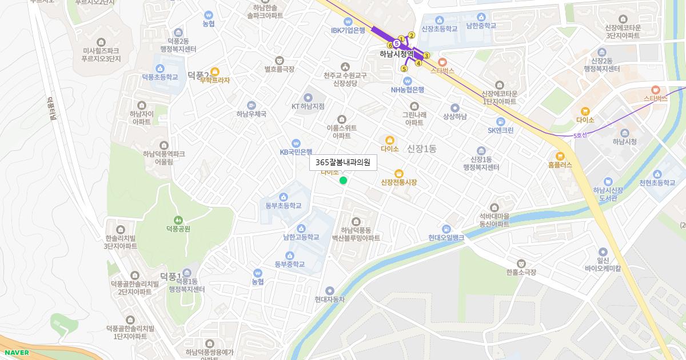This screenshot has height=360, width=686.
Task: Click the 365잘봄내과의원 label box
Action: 343,162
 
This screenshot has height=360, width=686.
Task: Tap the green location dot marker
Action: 343,181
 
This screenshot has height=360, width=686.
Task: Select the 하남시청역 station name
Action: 396,54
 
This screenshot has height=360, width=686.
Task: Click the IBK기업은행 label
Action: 348,30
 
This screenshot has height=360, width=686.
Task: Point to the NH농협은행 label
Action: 408,89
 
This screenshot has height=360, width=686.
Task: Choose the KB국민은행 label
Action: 296,152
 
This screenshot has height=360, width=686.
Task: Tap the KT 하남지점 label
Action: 308,106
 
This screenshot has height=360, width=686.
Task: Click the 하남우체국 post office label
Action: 252,114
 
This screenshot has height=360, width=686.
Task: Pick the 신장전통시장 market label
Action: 399,182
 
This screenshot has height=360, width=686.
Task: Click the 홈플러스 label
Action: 560,164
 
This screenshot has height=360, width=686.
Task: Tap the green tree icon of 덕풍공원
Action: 178,219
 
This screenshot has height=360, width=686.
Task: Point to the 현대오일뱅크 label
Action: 446,237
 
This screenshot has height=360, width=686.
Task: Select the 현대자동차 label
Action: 330,299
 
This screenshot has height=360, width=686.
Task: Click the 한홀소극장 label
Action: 521,273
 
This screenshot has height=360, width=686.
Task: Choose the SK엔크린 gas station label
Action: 500,130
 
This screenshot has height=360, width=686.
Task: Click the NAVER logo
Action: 15,353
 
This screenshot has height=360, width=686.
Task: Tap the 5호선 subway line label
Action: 580,135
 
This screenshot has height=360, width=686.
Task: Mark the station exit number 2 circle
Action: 411,35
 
